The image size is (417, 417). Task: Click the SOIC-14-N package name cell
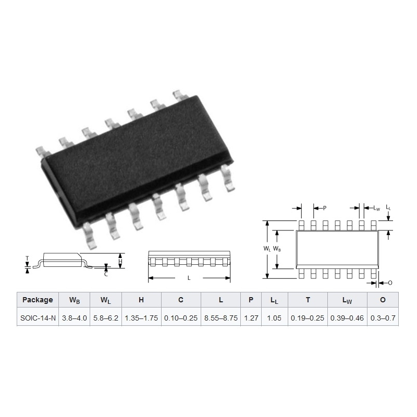coord(38,318)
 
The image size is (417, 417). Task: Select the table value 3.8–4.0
coord(75,318)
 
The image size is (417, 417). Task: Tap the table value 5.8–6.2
coord(106,318)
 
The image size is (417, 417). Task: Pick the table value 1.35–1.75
coord(141,318)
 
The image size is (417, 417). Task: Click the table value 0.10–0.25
coord(181,318)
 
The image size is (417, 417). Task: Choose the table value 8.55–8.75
coord(220,318)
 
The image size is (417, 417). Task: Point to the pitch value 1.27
coord(251,318)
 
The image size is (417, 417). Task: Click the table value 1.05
coord(274,318)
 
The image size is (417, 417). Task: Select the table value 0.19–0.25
coord(308,318)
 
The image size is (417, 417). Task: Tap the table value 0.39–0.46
coord(347,318)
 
